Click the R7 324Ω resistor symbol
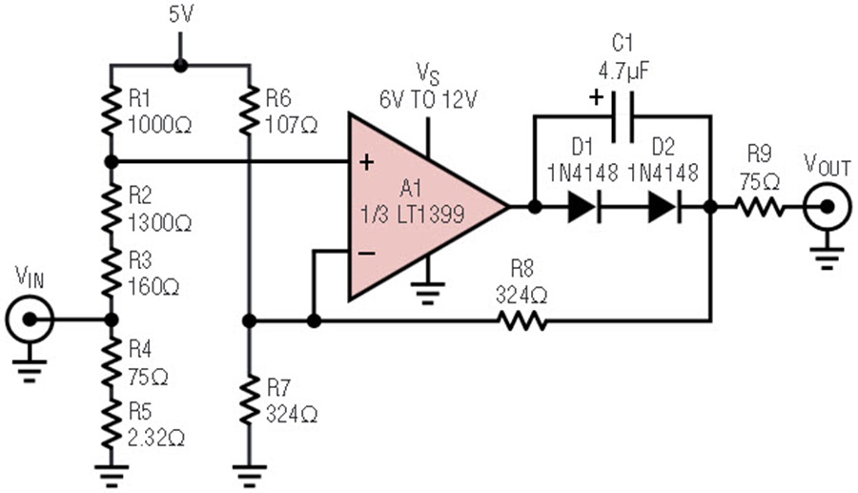[x=249, y=400]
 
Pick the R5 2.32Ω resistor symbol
[x=112, y=424]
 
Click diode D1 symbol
[x=584, y=207]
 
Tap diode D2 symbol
[x=664, y=207]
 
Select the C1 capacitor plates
[x=623, y=116]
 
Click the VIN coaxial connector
[x=30, y=319]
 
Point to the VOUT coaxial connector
[x=827, y=207]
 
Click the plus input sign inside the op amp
[x=366, y=162]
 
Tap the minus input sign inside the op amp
[x=366, y=253]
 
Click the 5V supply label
[x=181, y=14]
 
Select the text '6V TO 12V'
[x=428, y=100]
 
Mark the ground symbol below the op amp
[x=428, y=293]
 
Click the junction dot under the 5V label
[x=180, y=66]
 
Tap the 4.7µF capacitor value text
[x=624, y=71]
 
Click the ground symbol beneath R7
[x=249, y=476]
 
